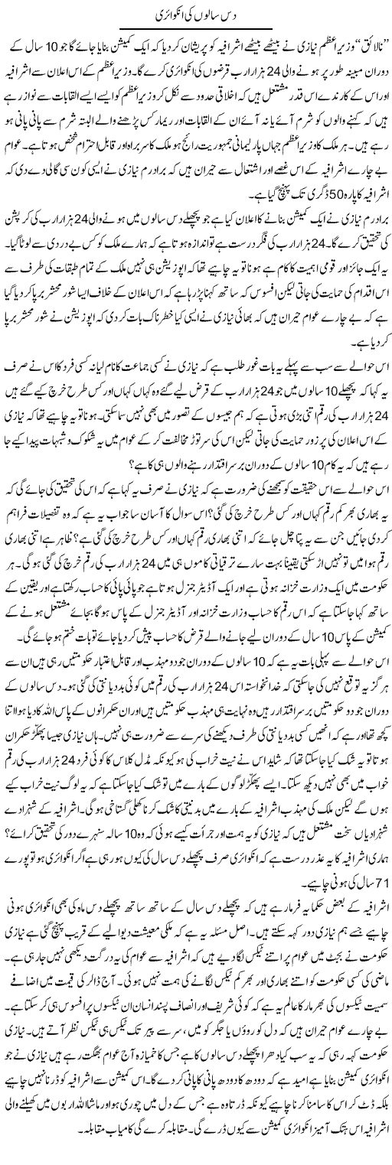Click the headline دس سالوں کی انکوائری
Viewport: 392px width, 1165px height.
click(x=195, y=16)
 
